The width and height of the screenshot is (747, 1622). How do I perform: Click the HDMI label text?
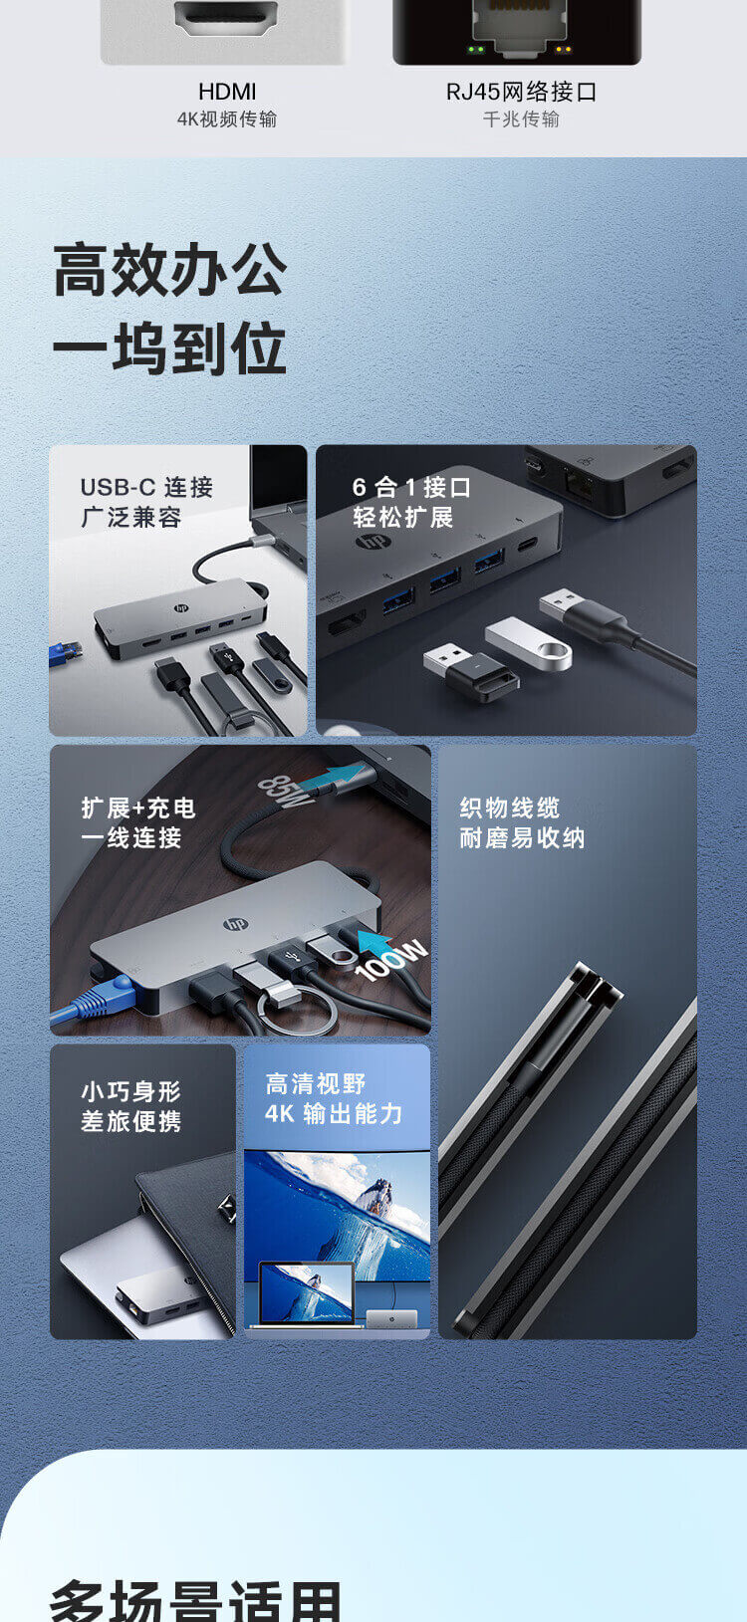(227, 92)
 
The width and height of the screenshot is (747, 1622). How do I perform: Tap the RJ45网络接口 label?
(521, 92)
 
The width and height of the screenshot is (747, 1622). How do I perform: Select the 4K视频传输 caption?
(227, 119)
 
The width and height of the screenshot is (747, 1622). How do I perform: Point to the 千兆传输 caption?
(521, 119)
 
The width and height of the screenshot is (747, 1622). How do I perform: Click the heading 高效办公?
(170, 271)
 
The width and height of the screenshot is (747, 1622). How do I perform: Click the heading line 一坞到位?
(170, 348)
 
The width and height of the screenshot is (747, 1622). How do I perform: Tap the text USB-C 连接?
(146, 487)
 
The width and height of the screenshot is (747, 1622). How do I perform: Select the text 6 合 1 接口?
(411, 487)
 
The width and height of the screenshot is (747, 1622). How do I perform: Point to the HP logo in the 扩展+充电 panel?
(235, 924)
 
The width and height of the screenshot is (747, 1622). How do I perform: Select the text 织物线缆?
(509, 808)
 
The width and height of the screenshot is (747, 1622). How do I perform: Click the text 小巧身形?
(130, 1091)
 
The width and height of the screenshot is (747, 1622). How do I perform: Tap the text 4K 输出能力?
(334, 1113)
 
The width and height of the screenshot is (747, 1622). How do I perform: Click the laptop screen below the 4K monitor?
(307, 1291)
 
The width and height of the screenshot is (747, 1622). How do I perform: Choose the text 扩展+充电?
(137, 808)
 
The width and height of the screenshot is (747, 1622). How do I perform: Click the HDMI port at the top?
(226, 17)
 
